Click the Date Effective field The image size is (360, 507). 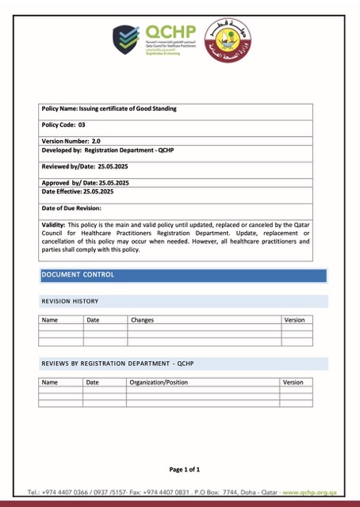(77, 191)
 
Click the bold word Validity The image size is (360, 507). (53, 225)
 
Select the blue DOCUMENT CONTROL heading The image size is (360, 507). (78, 275)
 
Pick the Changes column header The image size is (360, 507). (142, 320)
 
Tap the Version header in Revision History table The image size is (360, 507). (293, 320)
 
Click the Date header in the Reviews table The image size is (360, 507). (93, 382)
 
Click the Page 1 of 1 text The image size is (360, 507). (190, 469)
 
